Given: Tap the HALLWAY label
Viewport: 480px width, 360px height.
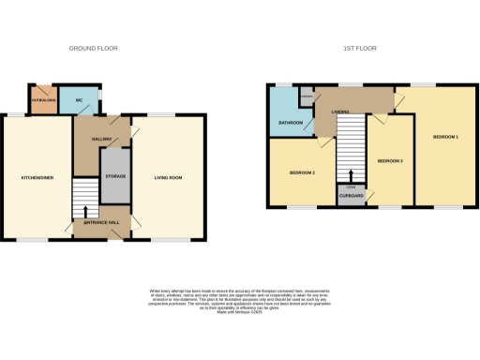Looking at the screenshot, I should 101,140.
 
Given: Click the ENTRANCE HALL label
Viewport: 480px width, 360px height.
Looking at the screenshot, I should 100,222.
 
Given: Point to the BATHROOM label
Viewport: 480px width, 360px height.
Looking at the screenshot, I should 290,123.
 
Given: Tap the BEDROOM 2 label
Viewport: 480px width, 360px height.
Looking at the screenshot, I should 301,173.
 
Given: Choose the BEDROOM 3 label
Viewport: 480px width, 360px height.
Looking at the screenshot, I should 389,161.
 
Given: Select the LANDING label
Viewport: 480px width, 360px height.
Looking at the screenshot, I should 341,111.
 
